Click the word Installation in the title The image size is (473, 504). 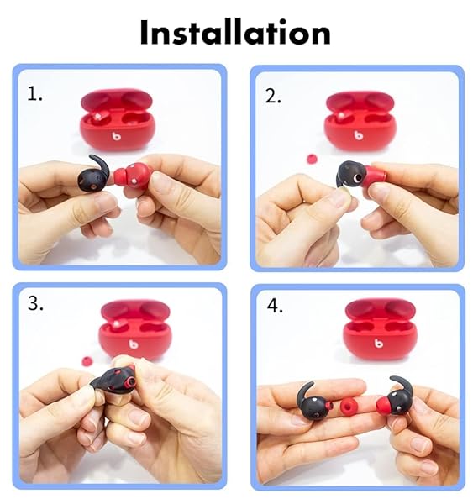coord(235,32)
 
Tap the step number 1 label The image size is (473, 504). coord(34,94)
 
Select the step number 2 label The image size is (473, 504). coord(273,96)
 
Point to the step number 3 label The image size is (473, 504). coord(35,303)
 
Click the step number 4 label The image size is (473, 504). coord(275,306)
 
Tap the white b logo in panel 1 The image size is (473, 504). coord(117,137)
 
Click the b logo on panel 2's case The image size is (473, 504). coord(359,135)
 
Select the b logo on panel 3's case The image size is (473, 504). coord(134,344)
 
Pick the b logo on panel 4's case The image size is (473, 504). coord(379,343)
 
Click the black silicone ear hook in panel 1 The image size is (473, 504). coord(93,176)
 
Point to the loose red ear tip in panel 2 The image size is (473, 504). coord(312,159)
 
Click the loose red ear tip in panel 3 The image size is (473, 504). coord(87,360)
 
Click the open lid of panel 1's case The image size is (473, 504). coord(117,100)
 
